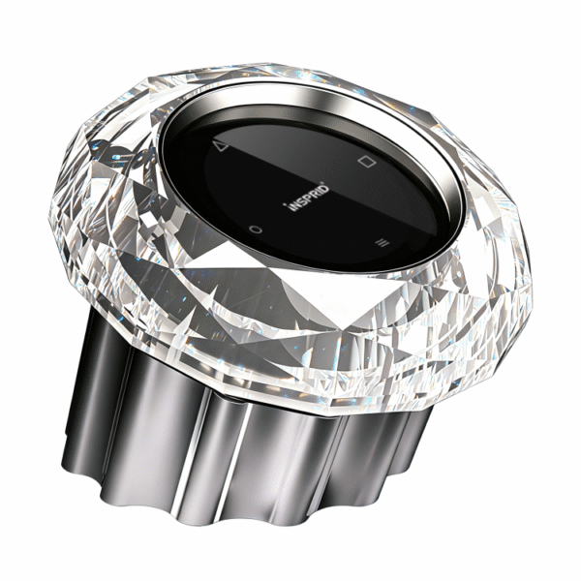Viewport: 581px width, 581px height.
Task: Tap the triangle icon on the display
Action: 221,147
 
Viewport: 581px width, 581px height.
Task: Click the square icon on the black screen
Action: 367,161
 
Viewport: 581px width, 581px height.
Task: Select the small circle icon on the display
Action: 255,229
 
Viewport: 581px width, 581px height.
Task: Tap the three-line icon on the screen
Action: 382,243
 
